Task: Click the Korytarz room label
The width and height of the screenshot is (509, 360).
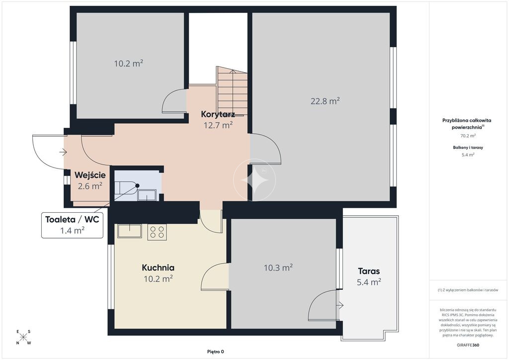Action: pos(218,114)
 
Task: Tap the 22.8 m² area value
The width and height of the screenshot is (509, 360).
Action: pos(325,101)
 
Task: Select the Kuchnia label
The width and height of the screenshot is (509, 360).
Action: pos(158,268)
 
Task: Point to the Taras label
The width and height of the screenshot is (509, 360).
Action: pos(369,271)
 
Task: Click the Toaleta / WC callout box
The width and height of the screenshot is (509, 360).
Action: pos(73,225)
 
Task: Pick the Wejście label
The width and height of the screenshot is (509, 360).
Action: pos(90,176)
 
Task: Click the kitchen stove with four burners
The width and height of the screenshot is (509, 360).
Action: pos(157,232)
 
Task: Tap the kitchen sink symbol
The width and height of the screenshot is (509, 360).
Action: pos(130,231)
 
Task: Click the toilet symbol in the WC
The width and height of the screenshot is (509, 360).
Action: pos(125,187)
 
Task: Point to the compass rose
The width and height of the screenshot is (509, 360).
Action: pos(23,337)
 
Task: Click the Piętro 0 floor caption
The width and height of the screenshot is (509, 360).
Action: pos(216,352)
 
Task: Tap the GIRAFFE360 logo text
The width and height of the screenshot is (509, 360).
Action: pos(468,345)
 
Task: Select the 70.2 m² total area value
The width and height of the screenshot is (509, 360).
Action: pos(468,136)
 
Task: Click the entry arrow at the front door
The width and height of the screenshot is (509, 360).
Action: pos(63,152)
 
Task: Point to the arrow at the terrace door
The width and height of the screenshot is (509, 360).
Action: pos(340,305)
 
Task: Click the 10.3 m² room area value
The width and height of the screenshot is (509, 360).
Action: pos(278,268)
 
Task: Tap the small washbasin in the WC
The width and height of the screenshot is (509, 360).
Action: pos(147,195)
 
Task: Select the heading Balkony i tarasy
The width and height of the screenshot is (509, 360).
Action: pos(468,147)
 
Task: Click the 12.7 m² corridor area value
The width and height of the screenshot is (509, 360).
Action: pos(218,125)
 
